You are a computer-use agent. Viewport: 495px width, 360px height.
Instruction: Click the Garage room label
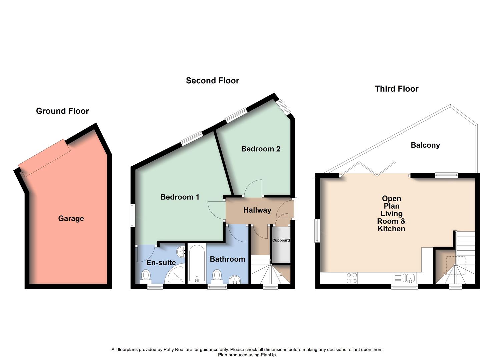[71, 219]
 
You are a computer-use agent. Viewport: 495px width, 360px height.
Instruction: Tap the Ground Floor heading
[62, 111]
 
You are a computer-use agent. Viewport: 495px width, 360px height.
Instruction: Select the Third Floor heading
[396, 89]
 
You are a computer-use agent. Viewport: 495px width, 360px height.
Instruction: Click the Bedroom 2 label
[261, 149]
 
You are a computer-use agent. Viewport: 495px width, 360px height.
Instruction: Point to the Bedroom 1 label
[180, 197]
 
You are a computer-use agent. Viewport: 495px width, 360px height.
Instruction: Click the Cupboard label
[281, 240]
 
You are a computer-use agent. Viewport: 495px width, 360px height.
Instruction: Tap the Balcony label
[425, 145]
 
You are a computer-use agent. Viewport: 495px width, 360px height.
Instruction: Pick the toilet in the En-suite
[146, 275]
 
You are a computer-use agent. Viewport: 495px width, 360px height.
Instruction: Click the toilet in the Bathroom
[217, 275]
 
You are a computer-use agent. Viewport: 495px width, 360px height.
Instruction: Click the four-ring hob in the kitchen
[352, 278]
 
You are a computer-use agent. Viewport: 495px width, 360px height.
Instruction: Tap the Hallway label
[257, 210]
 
